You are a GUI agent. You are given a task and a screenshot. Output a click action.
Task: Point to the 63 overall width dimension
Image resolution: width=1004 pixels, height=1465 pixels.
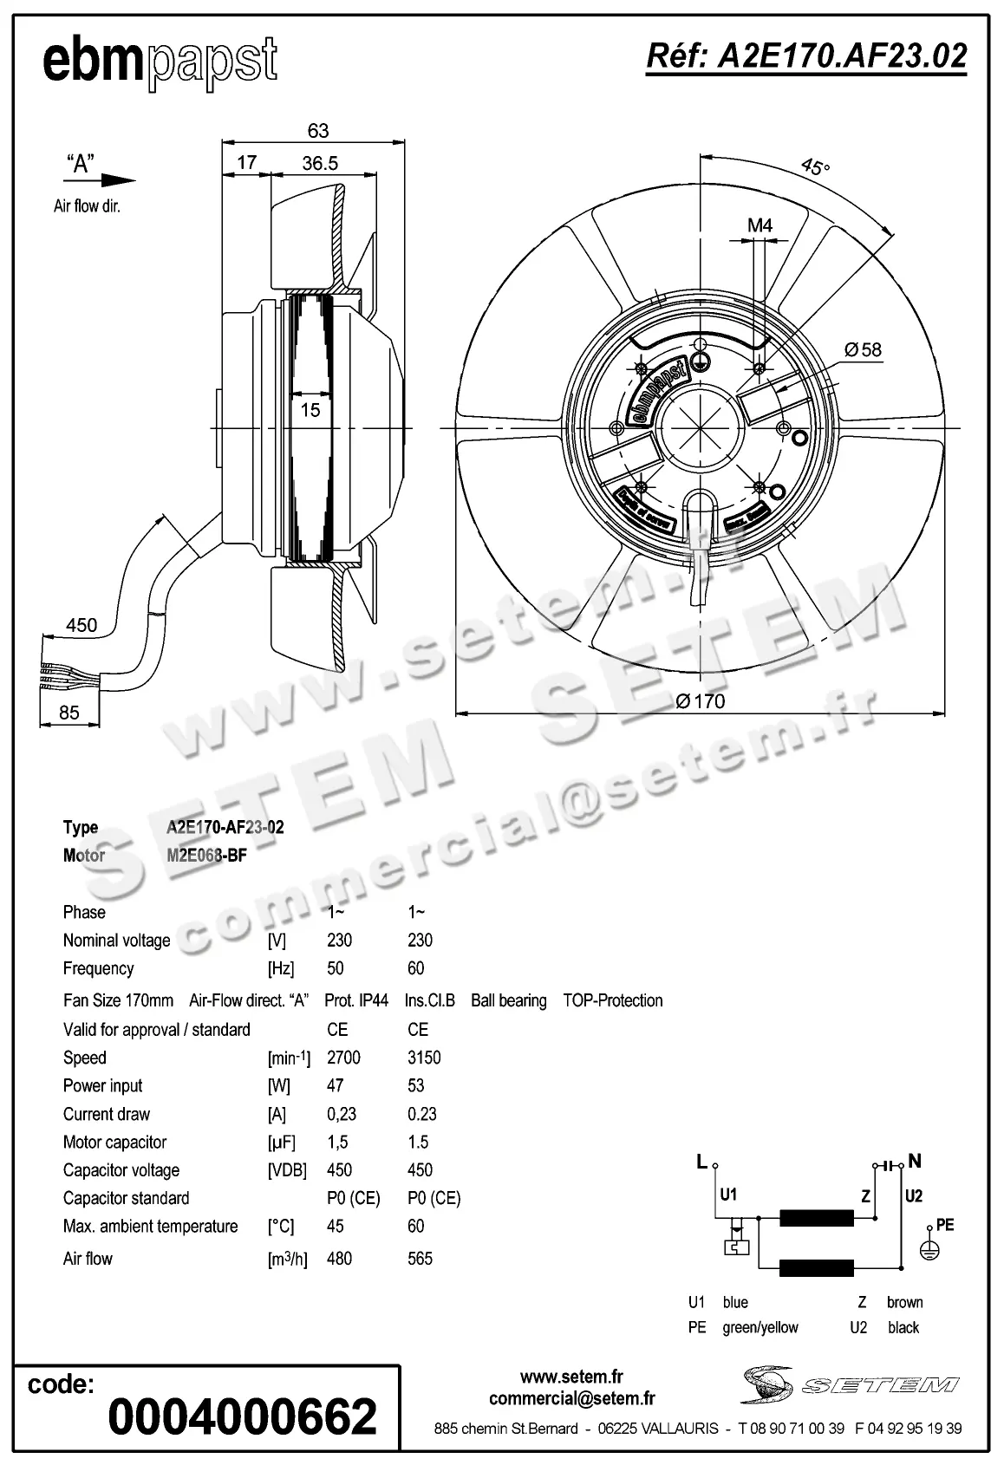[318, 130]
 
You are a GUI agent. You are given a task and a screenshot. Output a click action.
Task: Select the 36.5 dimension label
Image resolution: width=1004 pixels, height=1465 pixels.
[320, 163]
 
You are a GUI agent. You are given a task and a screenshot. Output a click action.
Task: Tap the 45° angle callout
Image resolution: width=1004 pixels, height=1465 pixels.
[814, 166]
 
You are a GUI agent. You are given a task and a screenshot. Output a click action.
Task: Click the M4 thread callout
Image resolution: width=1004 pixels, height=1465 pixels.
[760, 225]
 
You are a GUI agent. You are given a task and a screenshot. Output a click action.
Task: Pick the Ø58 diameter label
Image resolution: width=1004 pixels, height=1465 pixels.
[863, 349]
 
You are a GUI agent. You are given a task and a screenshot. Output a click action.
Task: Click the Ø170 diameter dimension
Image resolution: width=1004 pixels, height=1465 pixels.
[701, 700]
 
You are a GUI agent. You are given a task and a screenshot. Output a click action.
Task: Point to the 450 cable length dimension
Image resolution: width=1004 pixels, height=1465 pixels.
[81, 625]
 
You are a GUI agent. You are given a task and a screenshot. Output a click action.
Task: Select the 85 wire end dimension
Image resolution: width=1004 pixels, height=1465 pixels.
[68, 712]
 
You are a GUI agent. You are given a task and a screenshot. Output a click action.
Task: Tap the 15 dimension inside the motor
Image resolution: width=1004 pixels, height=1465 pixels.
[310, 410]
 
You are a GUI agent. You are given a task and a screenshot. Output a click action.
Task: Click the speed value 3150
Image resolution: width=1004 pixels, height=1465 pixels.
[424, 1058]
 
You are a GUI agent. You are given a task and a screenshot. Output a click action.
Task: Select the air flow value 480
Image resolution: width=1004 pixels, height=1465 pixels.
[339, 1258]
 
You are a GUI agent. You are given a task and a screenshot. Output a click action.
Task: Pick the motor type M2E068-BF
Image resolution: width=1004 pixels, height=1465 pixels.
[207, 856]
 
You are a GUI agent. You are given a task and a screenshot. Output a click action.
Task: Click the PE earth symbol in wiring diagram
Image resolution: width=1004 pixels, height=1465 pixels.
[929, 1249]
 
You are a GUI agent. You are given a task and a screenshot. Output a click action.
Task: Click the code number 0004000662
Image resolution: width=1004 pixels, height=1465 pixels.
[242, 1416]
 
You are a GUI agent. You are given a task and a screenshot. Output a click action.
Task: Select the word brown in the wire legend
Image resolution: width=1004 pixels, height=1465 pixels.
[904, 1302]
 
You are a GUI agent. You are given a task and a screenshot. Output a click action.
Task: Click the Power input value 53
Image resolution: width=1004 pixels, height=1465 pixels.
[416, 1085]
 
